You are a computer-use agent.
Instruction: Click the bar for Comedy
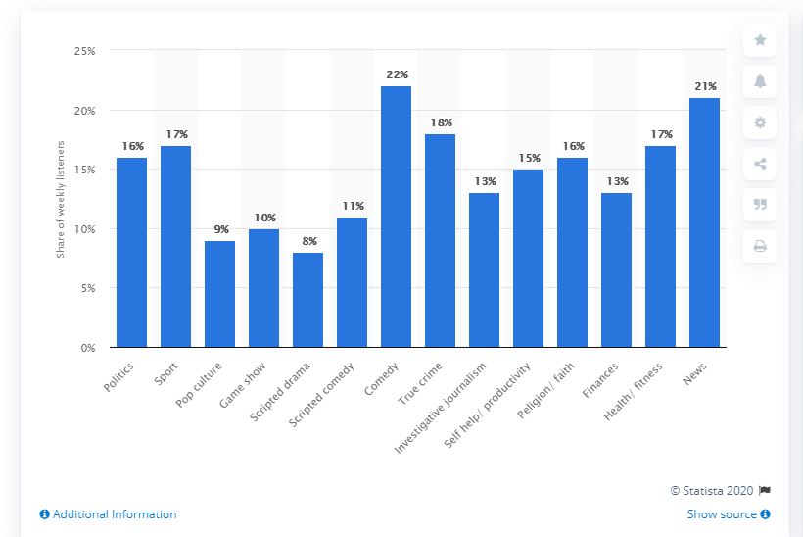click(396, 217)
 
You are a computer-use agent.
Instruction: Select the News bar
click(705, 222)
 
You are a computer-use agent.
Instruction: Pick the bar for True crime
click(440, 240)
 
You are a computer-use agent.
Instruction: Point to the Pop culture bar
click(219, 294)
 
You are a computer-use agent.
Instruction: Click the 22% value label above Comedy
click(396, 73)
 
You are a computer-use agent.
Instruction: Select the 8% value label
click(307, 240)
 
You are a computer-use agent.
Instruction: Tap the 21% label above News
click(705, 86)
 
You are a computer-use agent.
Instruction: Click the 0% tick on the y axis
click(86, 348)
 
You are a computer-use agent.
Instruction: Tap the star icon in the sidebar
click(760, 40)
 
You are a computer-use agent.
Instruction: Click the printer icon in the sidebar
click(760, 246)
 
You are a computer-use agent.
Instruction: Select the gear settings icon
click(760, 122)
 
